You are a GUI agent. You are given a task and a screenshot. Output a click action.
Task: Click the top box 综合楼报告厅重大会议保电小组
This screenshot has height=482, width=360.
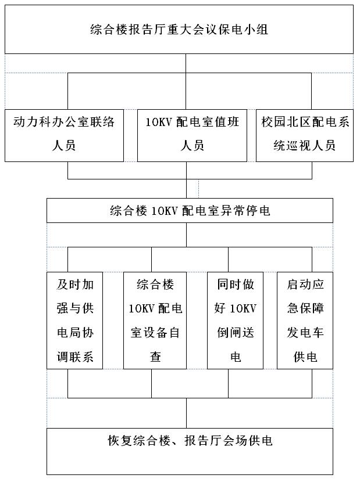click(x=179, y=29)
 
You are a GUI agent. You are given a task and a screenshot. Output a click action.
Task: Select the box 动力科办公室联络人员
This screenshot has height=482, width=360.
click(x=64, y=135)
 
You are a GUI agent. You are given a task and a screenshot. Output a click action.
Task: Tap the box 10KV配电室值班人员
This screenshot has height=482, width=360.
click(x=192, y=135)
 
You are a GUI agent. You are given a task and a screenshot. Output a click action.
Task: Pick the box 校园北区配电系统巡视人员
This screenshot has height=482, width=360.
click(x=305, y=135)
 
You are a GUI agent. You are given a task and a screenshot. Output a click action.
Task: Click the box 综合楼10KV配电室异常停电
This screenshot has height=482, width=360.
click(x=190, y=211)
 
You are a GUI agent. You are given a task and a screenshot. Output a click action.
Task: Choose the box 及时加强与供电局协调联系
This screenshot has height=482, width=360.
click(x=74, y=321)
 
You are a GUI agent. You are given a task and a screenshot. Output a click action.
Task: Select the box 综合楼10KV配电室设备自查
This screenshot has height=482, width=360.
click(x=155, y=321)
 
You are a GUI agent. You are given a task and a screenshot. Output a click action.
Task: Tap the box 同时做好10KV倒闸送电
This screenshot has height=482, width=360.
click(x=236, y=321)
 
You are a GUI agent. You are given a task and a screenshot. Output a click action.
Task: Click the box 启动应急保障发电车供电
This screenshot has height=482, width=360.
click(x=305, y=321)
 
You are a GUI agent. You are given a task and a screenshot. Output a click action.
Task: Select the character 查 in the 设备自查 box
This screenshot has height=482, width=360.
click(x=155, y=357)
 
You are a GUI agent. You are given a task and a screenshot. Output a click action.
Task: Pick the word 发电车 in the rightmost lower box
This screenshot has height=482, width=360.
click(x=305, y=333)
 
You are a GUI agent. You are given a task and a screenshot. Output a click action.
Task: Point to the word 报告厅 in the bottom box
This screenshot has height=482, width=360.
click(x=203, y=441)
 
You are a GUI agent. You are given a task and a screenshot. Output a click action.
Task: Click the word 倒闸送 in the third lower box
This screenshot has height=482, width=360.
click(x=236, y=333)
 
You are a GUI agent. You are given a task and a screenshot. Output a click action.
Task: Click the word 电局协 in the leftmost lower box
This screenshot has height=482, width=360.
click(x=75, y=333)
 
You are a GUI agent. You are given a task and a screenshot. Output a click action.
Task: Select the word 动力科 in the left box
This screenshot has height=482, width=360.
click(x=32, y=122)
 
